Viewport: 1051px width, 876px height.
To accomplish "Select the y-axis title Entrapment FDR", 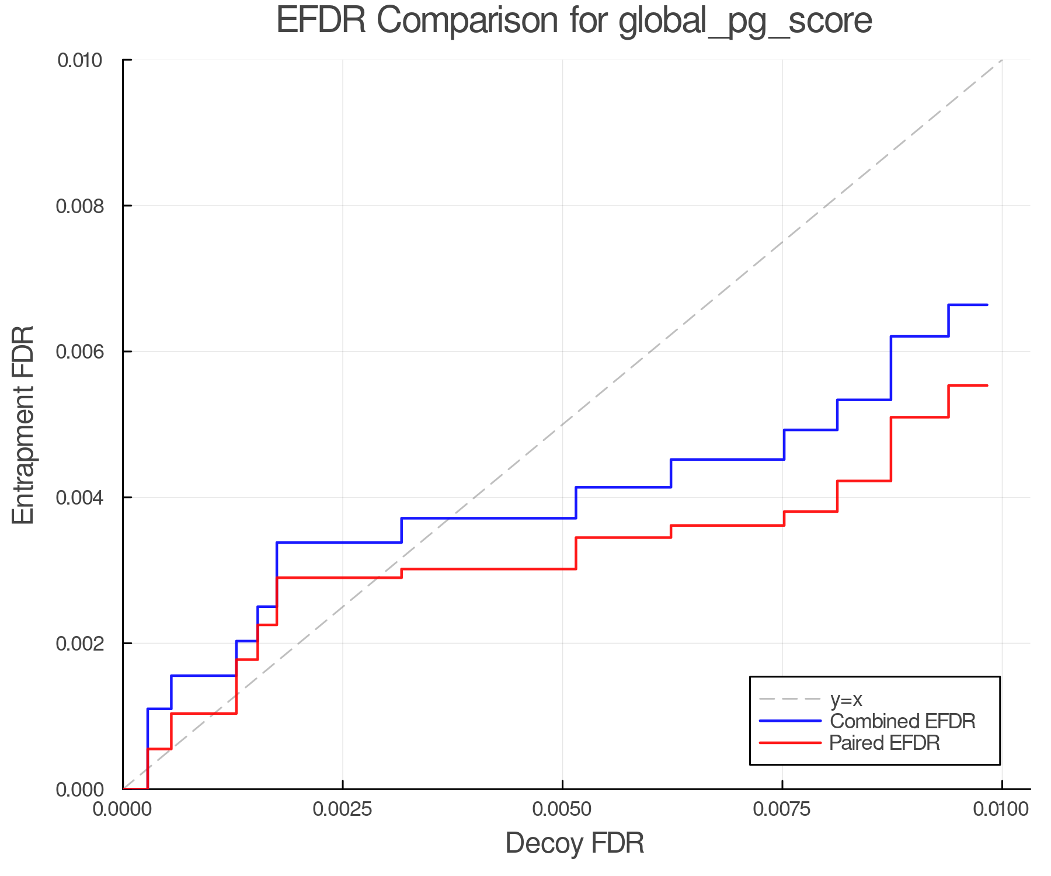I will click(23, 425).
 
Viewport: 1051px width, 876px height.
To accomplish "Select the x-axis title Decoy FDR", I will click(575, 843).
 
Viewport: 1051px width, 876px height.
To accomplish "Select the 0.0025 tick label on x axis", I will click(343, 809).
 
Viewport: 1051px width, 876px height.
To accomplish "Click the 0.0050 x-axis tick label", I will click(562, 809).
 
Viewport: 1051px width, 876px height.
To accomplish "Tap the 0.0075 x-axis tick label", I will click(782, 809).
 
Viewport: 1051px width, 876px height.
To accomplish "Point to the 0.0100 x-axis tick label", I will click(1001, 809).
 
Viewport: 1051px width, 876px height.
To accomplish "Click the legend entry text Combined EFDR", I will click(902, 721).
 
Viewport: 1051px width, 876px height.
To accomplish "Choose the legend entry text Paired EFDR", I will click(885, 743).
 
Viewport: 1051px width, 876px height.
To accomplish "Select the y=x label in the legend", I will click(846, 700).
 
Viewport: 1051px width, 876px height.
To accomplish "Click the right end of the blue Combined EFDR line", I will click(987, 305).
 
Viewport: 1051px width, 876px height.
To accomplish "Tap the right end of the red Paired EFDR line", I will click(987, 385).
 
